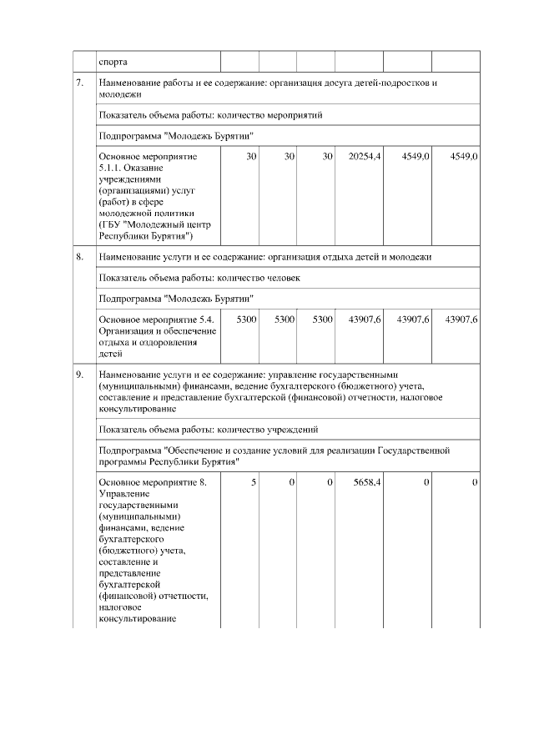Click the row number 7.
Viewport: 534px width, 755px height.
(79, 84)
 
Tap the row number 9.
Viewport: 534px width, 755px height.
(79, 375)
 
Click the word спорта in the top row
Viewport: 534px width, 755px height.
(113, 61)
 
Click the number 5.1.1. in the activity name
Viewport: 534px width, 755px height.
(110, 168)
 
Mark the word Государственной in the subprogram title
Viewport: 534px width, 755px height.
(415, 450)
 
